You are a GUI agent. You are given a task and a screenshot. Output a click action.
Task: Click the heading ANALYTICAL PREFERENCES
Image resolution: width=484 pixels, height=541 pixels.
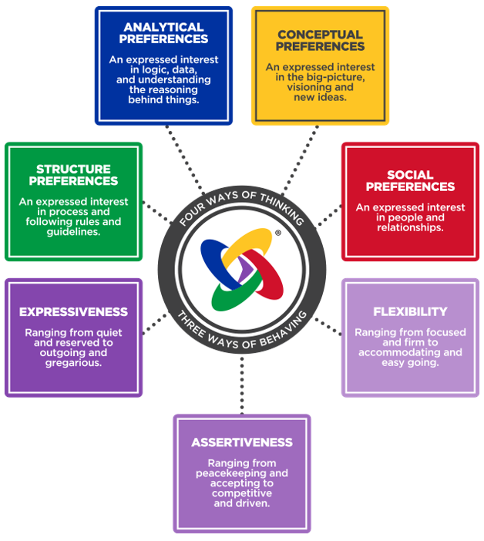163,33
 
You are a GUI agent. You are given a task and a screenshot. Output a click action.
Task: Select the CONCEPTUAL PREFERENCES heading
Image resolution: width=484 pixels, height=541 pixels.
320,40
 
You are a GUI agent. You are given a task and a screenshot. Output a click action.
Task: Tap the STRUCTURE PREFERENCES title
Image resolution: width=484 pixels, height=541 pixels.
73,175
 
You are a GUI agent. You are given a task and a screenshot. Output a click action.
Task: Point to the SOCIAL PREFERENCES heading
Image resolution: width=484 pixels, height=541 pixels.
410,181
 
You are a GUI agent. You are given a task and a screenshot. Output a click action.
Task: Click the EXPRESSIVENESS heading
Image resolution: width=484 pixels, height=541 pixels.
73,312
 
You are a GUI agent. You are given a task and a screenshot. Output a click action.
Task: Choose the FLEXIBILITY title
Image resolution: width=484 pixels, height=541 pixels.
410,312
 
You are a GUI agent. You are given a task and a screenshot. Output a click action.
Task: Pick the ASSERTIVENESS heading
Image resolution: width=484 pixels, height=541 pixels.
242,442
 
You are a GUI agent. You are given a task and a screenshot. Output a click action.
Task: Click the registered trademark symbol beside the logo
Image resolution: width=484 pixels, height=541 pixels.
278,233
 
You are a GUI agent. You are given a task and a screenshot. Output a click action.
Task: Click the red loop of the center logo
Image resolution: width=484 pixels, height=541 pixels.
266,274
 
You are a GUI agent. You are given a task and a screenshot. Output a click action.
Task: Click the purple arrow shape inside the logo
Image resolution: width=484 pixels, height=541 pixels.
247,269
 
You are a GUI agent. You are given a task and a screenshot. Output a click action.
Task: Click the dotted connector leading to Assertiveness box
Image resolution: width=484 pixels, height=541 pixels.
242,385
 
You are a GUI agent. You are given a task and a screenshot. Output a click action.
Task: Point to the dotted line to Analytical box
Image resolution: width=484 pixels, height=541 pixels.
185,160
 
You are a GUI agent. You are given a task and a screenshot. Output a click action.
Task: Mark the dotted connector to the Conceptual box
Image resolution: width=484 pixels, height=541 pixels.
300,160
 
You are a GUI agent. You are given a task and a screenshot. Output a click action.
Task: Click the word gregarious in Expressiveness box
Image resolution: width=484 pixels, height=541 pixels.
73,363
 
